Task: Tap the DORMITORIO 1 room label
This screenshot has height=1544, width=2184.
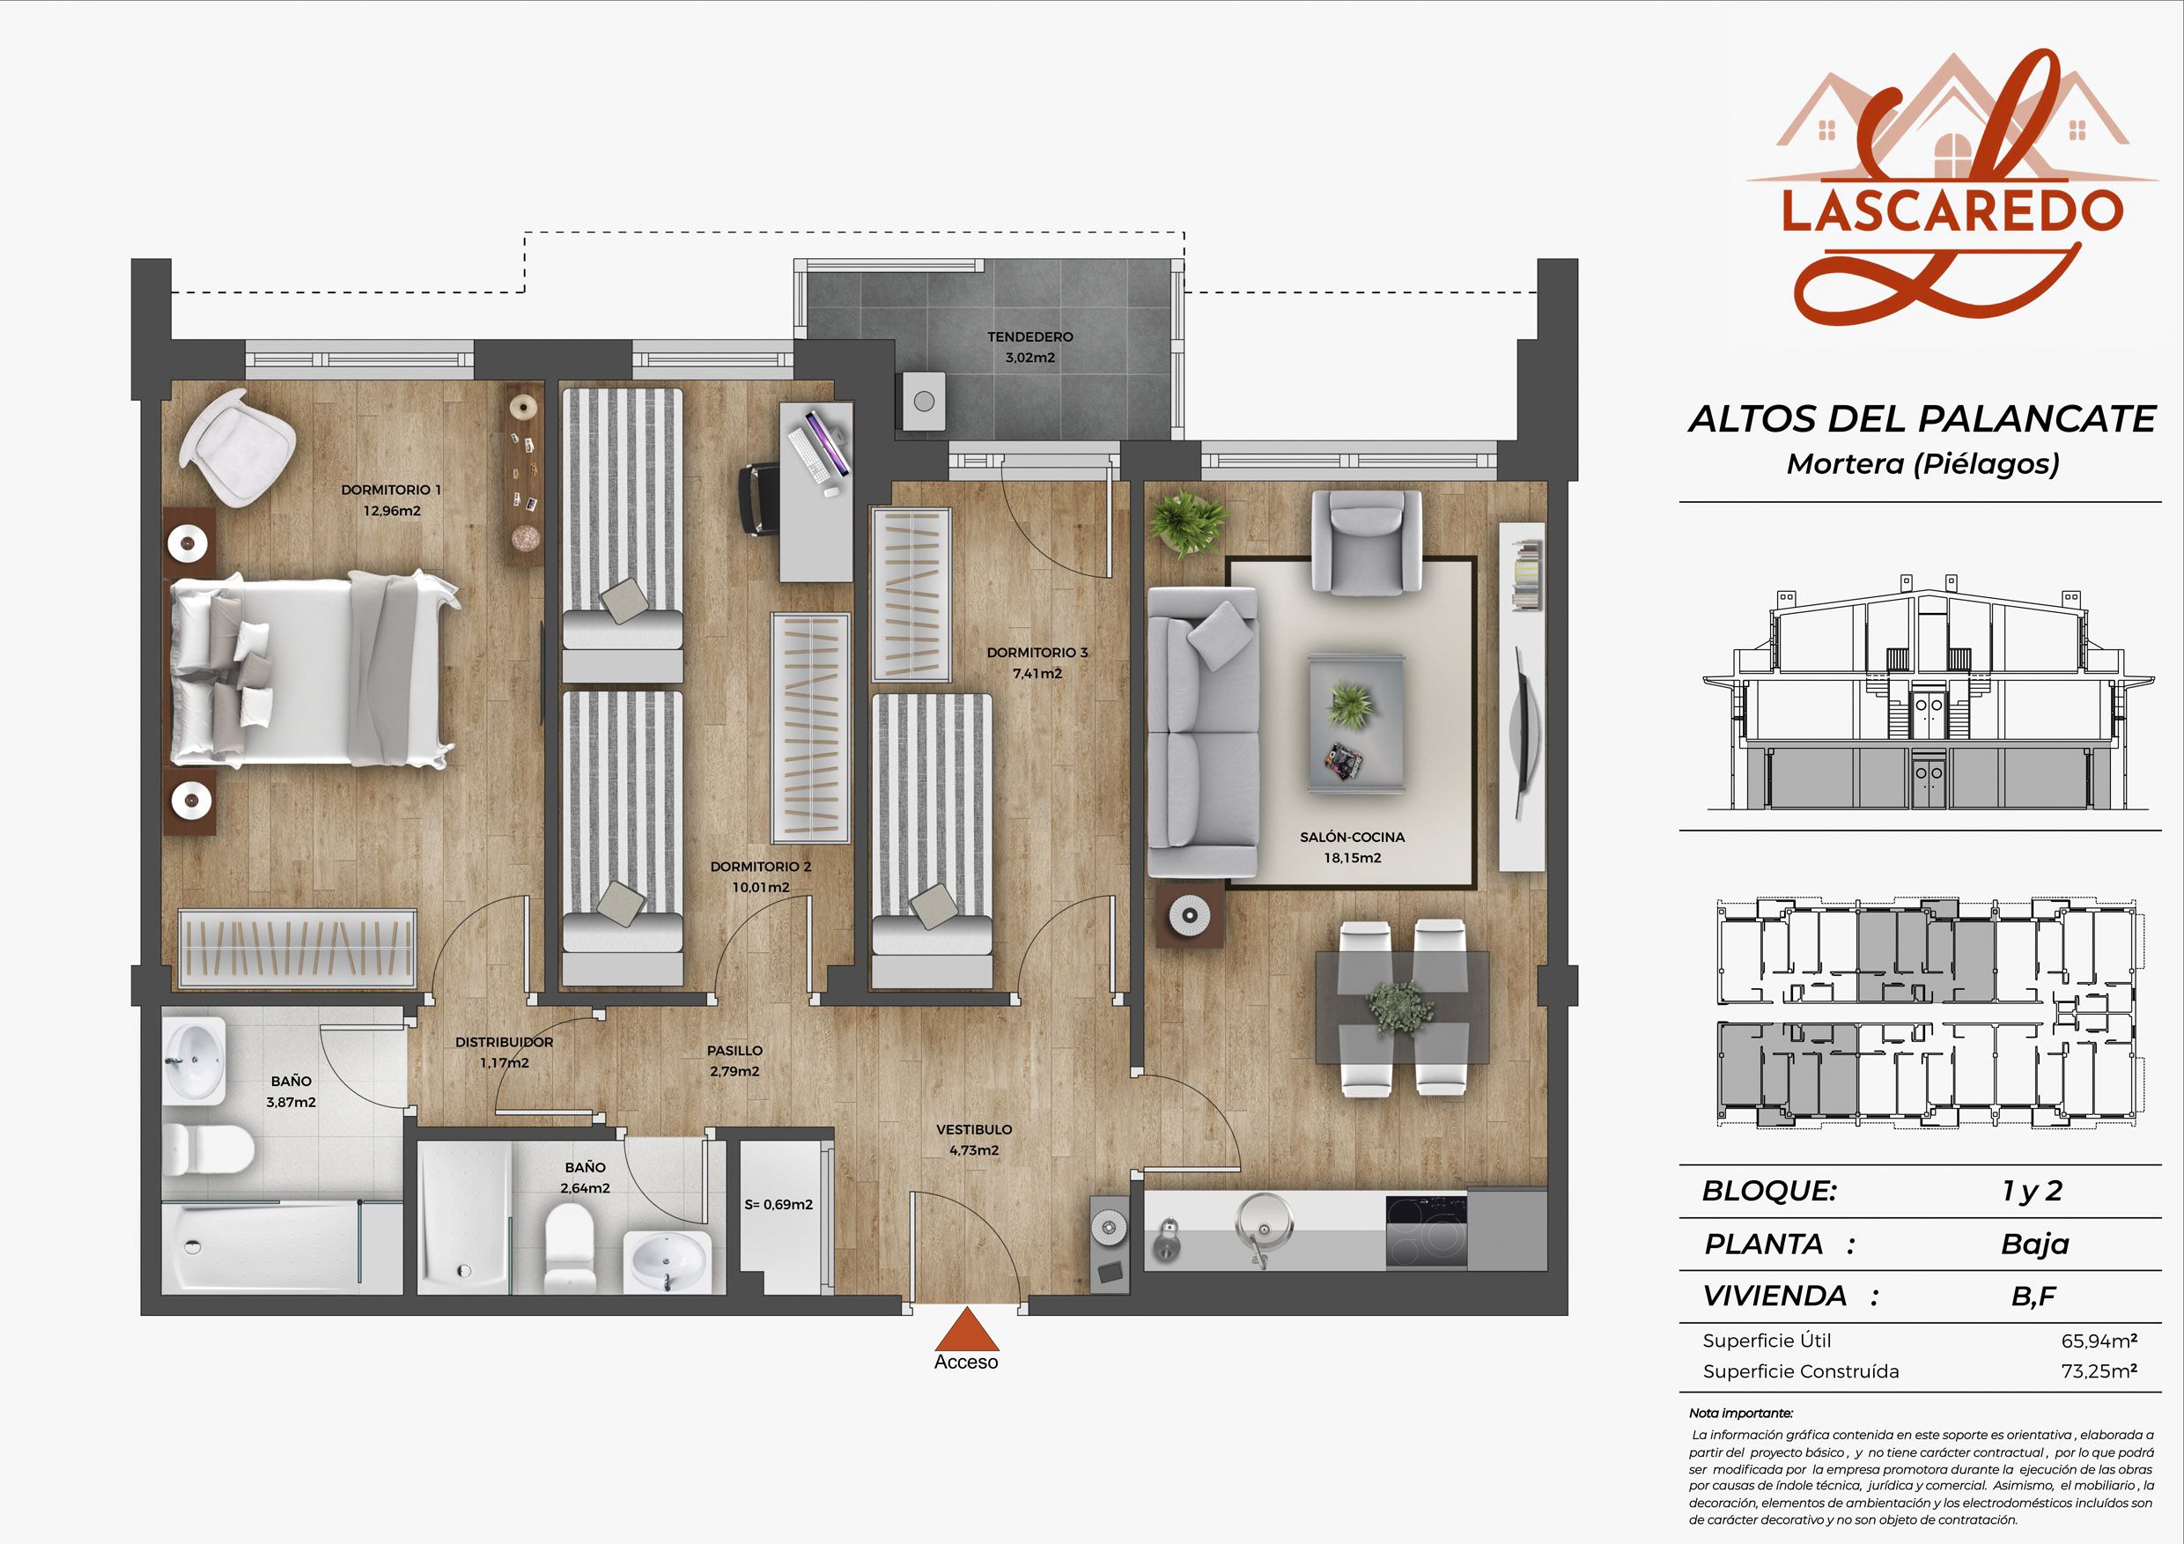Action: point(391,490)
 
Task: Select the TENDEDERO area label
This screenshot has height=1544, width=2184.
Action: point(1030,336)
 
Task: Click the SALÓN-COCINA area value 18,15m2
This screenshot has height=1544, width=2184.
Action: point(1353,858)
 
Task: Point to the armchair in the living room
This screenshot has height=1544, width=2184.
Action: point(1366,543)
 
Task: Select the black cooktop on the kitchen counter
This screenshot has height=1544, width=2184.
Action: point(1426,1232)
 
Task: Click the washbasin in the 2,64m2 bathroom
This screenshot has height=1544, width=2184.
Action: point(667,1261)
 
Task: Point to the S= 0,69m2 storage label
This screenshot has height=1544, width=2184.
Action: point(778,1204)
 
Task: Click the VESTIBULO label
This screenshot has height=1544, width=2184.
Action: point(974,1129)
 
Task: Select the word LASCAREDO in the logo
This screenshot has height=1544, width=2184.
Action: point(1952,211)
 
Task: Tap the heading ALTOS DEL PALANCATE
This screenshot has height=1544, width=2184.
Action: point(1922,419)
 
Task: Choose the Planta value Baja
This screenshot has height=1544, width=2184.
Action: point(2034,1245)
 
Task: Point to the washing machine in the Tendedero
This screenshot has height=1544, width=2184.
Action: point(924,402)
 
